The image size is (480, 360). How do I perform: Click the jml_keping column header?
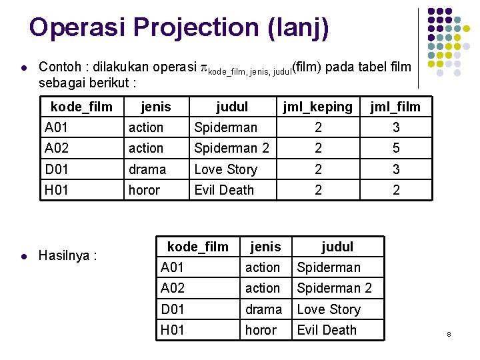pos(317,107)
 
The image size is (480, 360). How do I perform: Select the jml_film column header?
pos(396,107)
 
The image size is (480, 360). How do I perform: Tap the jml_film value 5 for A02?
pos(396,148)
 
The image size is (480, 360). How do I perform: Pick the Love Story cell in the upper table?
pos(225,169)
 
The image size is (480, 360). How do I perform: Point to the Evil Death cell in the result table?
pos(327,330)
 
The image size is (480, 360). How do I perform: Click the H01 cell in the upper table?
pos(56,190)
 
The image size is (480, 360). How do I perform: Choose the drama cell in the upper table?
pos(147,169)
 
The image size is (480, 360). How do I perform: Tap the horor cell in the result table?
pos(261,330)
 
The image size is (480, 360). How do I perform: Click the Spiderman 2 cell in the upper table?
pos(231,148)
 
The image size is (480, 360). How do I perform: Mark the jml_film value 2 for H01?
pos(396,190)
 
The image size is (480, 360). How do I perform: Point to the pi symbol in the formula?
pos(203,67)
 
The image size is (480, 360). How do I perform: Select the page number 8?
pos(449,333)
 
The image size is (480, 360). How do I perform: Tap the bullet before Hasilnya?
pos(24,255)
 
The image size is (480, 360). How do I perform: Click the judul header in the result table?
pos(337,247)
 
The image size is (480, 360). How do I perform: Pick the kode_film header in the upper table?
pos(81,107)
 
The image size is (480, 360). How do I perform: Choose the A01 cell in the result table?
pos(172,268)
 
